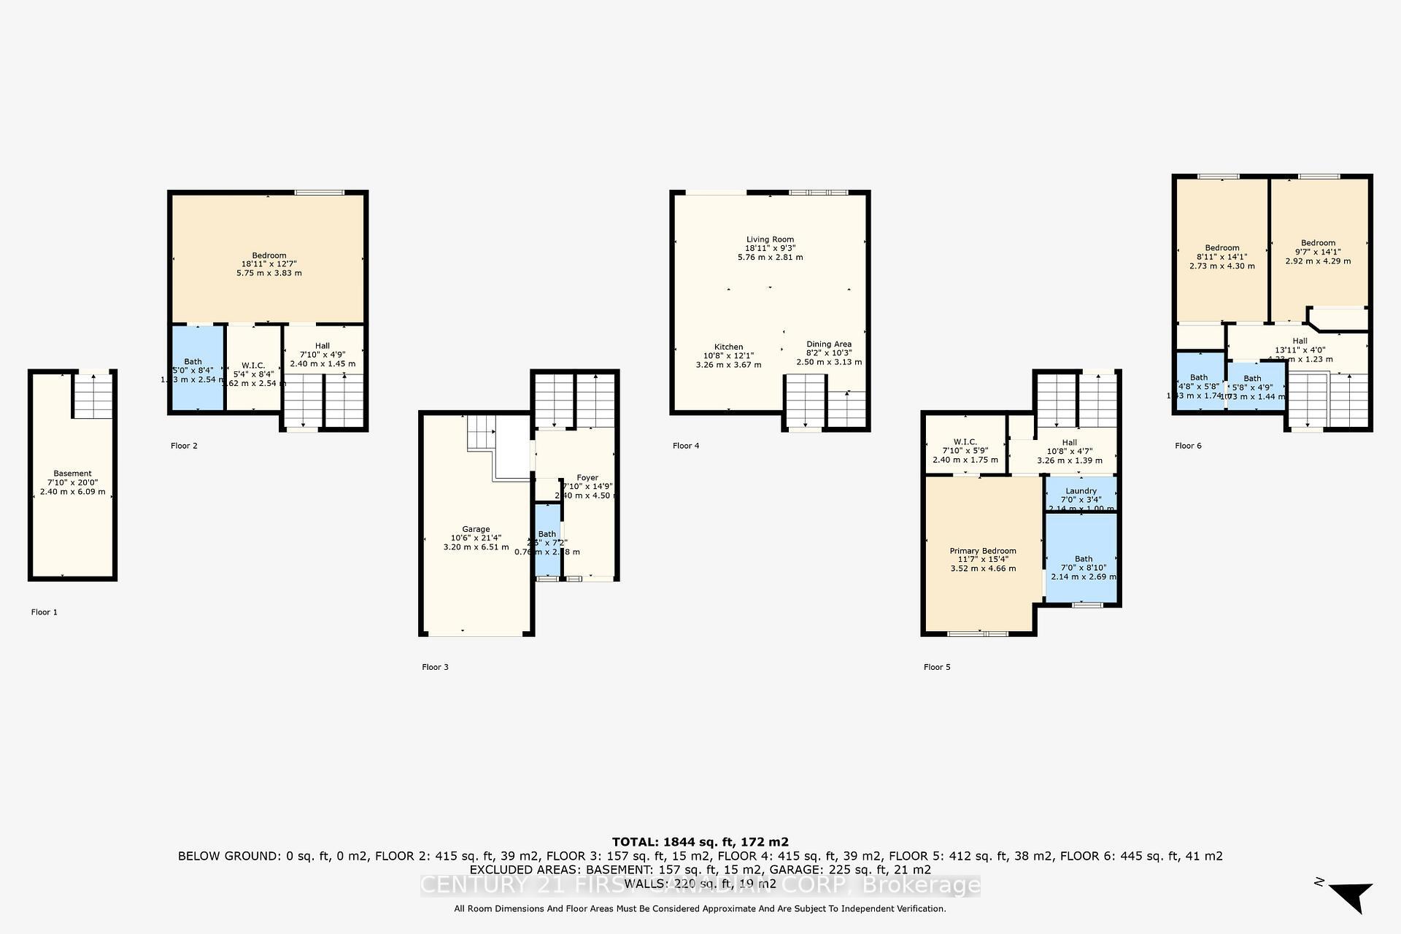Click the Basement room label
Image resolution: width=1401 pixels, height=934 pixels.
(x=72, y=474)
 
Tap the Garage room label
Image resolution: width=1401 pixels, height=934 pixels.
(x=476, y=530)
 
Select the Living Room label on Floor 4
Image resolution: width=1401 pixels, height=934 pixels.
(x=770, y=239)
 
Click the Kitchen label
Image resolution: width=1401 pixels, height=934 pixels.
(x=728, y=347)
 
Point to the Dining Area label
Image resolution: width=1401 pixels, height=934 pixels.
(x=828, y=344)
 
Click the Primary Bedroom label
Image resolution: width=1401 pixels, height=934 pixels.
(x=982, y=551)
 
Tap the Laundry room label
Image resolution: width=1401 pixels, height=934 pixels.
(x=1081, y=491)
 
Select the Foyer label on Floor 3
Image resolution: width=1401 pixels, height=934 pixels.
(x=587, y=478)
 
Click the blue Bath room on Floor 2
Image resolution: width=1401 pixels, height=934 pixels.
(x=197, y=368)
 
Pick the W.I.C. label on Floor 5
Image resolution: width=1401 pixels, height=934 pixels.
(x=965, y=442)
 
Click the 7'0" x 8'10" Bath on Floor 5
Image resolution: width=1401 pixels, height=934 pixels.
(x=1083, y=559)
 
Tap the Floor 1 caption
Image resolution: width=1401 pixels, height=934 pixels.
(x=44, y=612)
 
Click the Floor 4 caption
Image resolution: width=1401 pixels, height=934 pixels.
(x=686, y=446)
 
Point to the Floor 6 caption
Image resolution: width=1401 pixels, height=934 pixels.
(x=1188, y=446)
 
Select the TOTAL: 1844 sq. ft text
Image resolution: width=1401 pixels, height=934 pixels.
(x=700, y=842)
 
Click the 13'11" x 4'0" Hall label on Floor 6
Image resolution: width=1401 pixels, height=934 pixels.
(x=1300, y=341)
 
